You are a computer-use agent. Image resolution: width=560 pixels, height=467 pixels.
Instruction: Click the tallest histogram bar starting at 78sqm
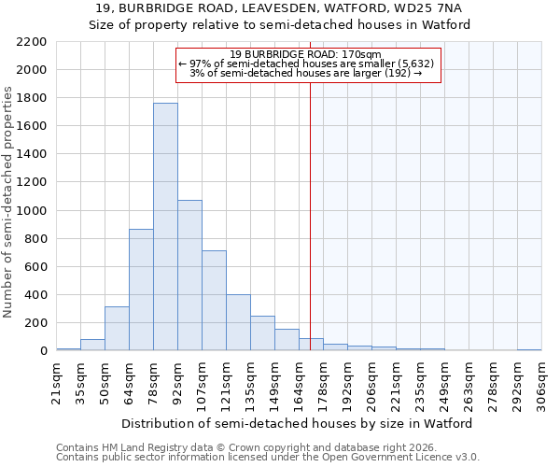(165, 227)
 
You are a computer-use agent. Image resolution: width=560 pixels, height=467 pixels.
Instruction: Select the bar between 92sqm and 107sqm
(189, 276)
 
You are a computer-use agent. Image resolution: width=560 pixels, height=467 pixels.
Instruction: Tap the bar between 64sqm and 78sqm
(141, 290)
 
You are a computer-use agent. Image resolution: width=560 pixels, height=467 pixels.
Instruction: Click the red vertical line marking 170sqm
(310, 205)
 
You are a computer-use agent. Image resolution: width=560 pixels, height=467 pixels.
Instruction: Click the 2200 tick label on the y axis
(32, 42)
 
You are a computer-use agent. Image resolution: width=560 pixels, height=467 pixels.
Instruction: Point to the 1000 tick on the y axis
(32, 211)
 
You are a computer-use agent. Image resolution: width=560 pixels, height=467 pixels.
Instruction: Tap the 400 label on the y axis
(35, 295)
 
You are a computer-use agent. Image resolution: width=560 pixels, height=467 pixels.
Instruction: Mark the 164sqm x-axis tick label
(299, 383)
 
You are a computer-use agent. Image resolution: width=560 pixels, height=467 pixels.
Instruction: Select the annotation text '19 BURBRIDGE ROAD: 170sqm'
(305, 55)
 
